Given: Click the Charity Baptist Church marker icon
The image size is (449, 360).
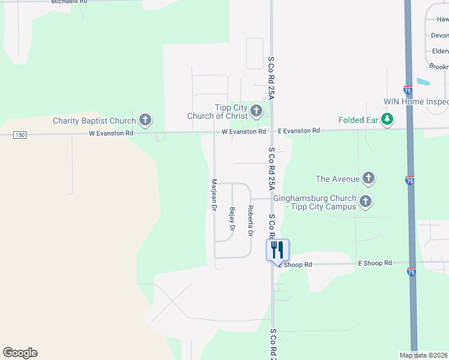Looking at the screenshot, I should [145, 120].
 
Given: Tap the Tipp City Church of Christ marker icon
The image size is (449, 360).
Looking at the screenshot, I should [256, 110].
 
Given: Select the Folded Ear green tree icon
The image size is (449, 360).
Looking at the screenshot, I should [388, 120].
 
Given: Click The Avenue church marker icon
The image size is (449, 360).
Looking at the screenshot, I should [369, 178].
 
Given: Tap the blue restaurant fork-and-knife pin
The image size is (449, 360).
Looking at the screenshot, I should [277, 250].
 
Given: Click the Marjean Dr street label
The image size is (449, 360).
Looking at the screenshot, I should [214, 195].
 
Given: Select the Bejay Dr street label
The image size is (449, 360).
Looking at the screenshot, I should [232, 219].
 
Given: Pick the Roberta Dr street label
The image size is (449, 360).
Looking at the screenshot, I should [250, 220].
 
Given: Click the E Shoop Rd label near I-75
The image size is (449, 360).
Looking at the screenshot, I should [375, 263].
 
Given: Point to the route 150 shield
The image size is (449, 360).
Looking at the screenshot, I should [20, 135].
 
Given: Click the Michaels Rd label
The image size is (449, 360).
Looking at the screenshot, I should [69, 2].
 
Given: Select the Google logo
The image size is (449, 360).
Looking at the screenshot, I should [20, 353].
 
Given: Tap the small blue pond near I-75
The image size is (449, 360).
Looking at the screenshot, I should [423, 82].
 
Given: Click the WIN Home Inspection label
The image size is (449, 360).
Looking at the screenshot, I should [416, 102].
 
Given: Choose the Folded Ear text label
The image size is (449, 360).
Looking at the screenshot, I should [358, 120].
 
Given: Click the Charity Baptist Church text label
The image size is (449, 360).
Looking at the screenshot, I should [94, 121].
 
